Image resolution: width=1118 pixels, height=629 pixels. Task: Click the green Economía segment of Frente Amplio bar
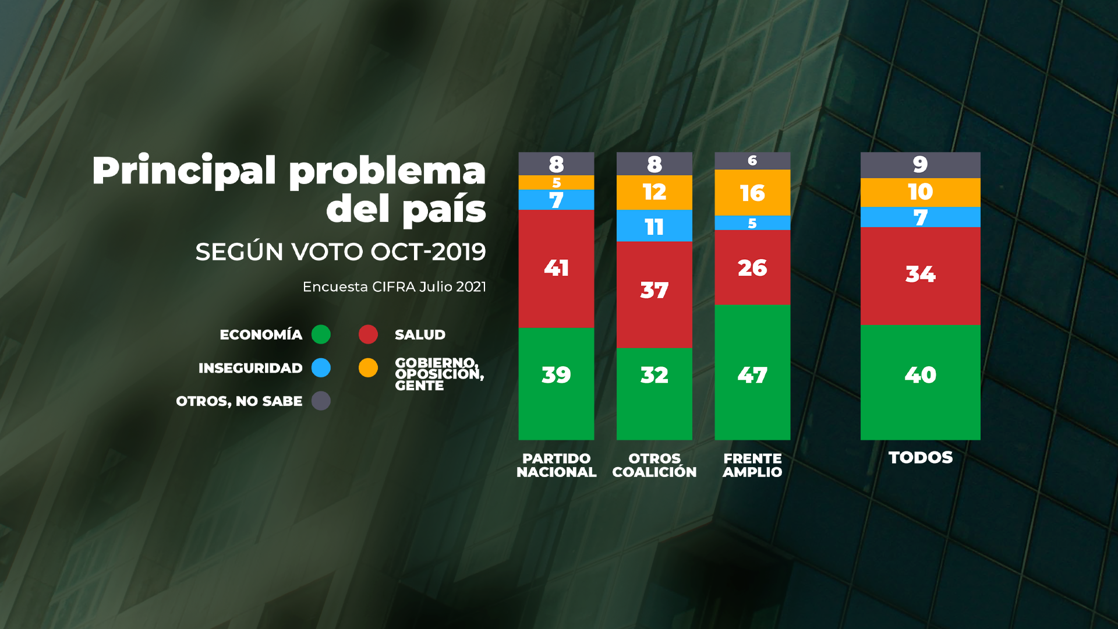(x=752, y=373)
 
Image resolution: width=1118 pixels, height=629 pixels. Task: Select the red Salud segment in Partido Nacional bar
(x=556, y=268)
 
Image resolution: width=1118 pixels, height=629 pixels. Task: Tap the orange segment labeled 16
(x=752, y=193)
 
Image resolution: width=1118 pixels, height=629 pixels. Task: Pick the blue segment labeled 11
(x=654, y=226)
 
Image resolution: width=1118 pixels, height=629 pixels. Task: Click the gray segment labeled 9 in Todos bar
(x=920, y=165)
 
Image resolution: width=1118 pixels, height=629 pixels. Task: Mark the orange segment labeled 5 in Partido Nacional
(x=556, y=183)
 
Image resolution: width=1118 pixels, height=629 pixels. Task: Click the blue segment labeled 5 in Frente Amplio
(x=752, y=223)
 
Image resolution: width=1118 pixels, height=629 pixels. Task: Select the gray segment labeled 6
(x=752, y=161)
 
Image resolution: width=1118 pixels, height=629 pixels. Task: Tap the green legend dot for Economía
(x=321, y=334)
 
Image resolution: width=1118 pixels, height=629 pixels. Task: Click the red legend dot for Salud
(x=368, y=334)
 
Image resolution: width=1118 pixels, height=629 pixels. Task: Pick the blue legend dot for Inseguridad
(x=321, y=367)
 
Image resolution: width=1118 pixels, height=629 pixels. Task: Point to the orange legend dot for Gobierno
(x=368, y=367)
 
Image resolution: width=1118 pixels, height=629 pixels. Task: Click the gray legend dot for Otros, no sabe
(x=321, y=401)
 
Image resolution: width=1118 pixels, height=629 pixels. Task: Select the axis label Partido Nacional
(x=556, y=465)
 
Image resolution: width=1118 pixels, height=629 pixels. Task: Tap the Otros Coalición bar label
(x=654, y=465)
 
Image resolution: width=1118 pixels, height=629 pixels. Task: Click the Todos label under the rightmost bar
(x=920, y=458)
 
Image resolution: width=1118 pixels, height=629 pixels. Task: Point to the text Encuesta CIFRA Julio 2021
(x=394, y=287)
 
